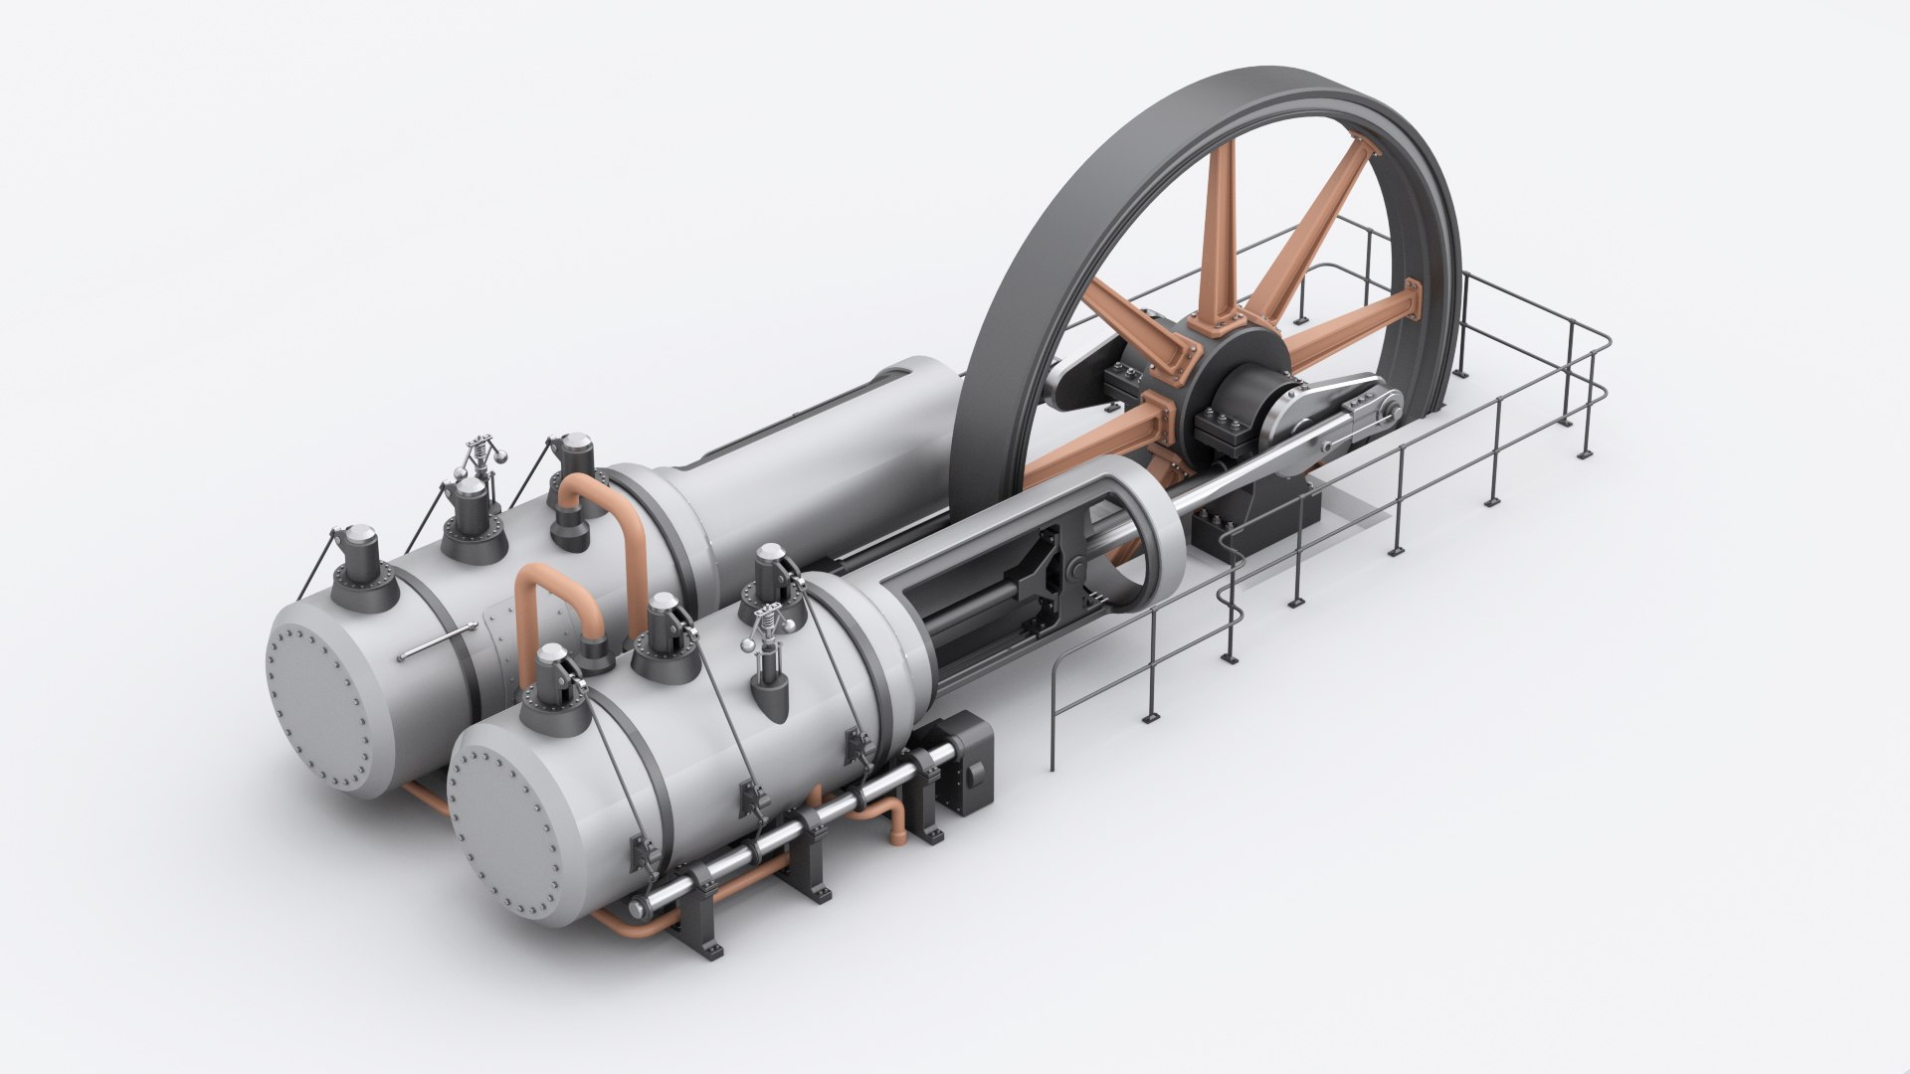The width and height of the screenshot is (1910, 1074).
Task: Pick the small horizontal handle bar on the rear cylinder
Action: (437, 641)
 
